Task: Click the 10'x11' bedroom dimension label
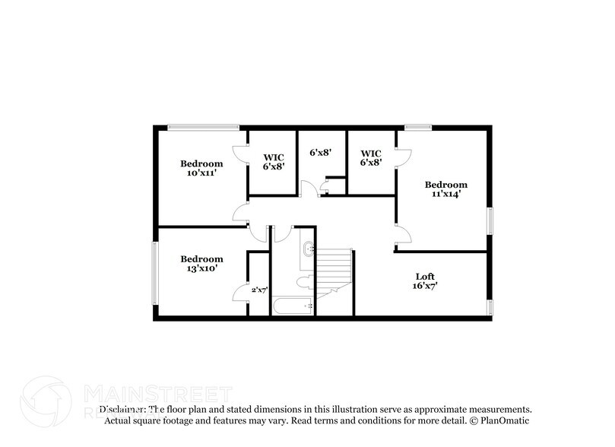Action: tap(201, 173)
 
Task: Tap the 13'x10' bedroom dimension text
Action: tap(201, 268)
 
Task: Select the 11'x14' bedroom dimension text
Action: tap(445, 194)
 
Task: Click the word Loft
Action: tap(426, 275)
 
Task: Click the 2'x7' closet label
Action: tap(260, 289)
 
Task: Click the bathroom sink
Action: tap(308, 248)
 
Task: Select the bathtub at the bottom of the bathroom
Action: tap(293, 307)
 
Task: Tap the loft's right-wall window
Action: tap(490, 306)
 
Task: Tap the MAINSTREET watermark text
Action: tap(156, 394)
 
